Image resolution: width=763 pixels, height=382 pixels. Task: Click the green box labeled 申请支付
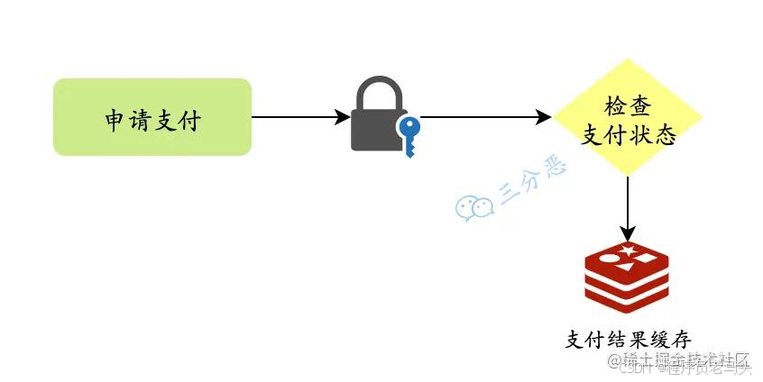click(x=152, y=117)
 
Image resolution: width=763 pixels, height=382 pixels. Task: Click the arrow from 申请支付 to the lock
click(x=298, y=117)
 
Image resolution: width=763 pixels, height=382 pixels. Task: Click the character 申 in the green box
click(x=115, y=118)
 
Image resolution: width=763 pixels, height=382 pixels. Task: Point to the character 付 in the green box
click(x=188, y=118)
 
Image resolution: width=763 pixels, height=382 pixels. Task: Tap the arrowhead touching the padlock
click(x=343, y=117)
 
